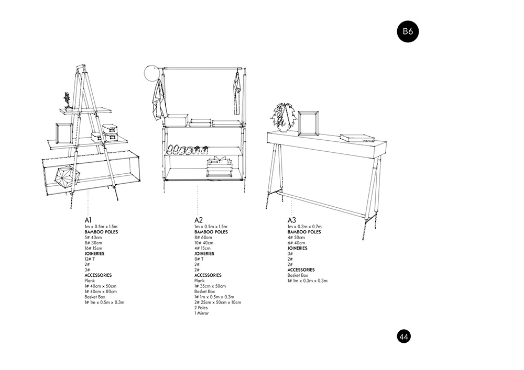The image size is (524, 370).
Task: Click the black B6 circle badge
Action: (x=408, y=32)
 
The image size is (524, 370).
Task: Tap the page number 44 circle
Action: (x=403, y=337)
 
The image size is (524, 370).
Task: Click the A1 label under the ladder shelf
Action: (x=88, y=220)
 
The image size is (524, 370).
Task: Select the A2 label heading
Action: (x=199, y=220)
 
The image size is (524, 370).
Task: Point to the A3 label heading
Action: (x=292, y=220)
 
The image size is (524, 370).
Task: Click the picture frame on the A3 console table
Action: (x=308, y=124)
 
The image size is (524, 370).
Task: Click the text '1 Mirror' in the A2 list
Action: (x=202, y=313)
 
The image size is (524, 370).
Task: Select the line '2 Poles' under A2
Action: (x=201, y=308)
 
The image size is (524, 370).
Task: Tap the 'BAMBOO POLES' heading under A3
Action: (x=304, y=232)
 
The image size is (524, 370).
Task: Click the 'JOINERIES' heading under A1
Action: (x=94, y=254)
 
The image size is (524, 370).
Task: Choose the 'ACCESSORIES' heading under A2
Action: (x=208, y=275)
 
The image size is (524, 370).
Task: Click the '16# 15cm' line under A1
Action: (x=94, y=248)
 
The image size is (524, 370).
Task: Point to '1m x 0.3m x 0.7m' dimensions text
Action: (x=304, y=227)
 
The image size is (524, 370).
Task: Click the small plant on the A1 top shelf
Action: (x=67, y=100)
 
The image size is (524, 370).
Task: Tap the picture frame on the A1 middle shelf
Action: (x=64, y=133)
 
